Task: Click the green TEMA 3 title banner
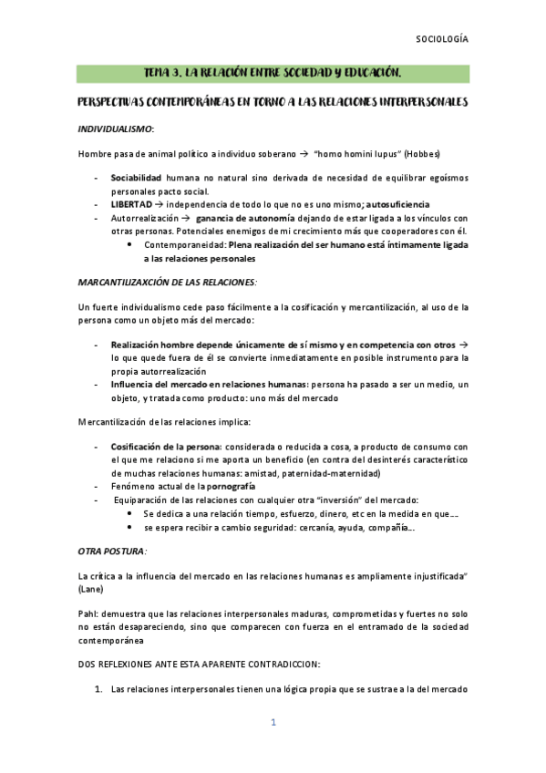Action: click(273, 73)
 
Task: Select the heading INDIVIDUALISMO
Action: click(116, 129)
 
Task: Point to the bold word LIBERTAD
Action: click(131, 204)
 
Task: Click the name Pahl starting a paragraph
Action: click(88, 613)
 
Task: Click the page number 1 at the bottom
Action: click(273, 723)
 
